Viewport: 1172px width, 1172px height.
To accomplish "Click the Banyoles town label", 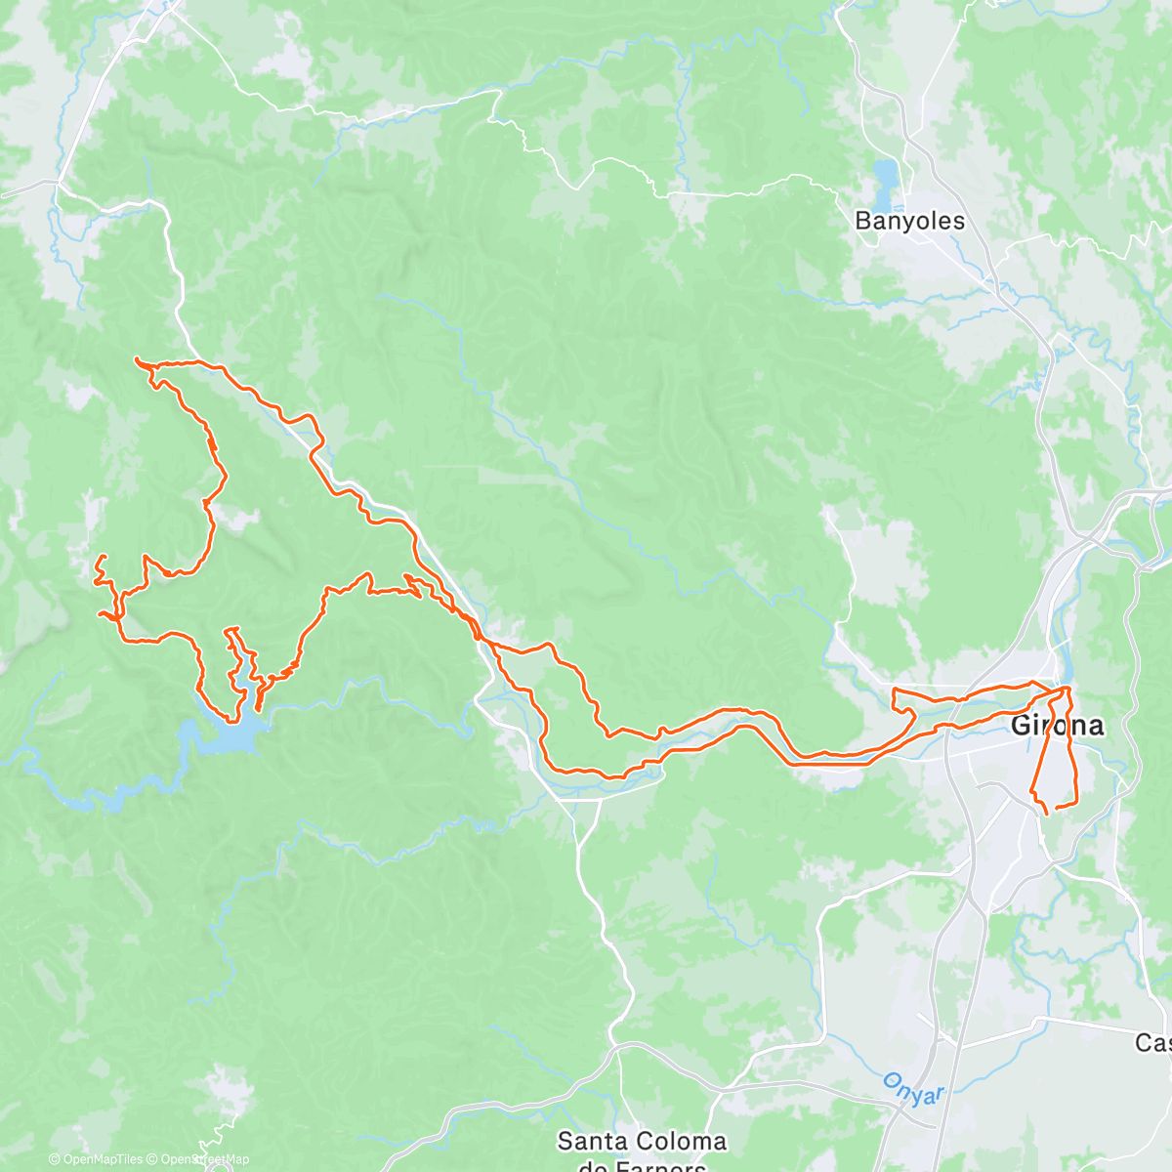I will [909, 221].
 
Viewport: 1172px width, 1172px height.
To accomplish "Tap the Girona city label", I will [1057, 726].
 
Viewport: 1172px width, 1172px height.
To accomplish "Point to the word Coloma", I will [683, 1141].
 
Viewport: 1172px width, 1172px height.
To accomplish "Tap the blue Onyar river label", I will [914, 1088].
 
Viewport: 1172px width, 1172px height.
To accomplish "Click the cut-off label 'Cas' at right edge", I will [1152, 1043].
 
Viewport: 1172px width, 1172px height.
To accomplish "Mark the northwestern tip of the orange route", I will [136, 360].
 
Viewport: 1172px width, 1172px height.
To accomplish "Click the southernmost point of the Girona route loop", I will [1046, 813].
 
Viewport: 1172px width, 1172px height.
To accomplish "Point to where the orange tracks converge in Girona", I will [1065, 692].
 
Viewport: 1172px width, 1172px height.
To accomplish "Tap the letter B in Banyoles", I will [862, 221].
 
